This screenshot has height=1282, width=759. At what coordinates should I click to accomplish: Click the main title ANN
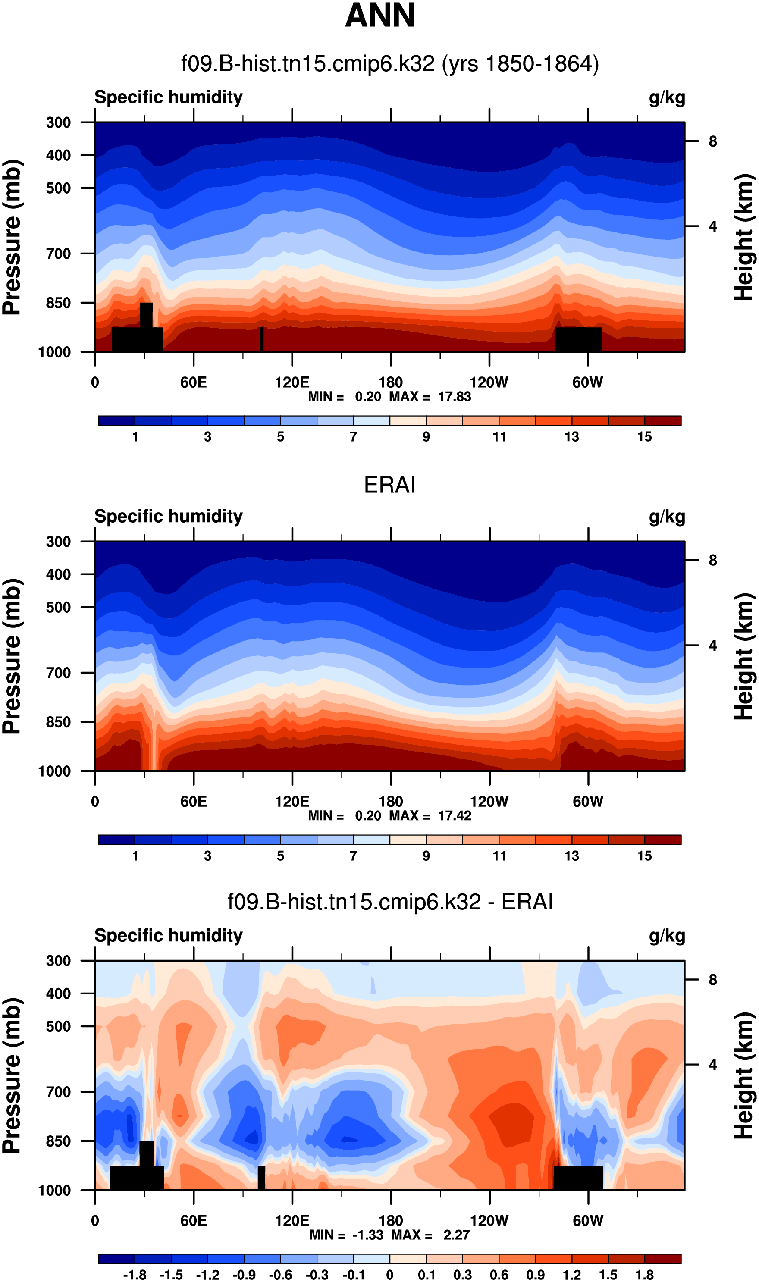click(379, 16)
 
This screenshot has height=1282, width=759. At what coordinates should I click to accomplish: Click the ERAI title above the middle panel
click(389, 485)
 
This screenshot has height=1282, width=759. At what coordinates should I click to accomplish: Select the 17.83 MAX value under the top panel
click(454, 397)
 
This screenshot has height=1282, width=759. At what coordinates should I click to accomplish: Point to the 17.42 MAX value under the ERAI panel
click(454, 815)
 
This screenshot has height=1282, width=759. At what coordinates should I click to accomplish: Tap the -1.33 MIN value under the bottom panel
click(368, 1235)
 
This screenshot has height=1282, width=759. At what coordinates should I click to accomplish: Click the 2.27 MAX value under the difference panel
click(456, 1235)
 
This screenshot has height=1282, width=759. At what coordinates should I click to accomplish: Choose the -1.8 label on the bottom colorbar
click(135, 1275)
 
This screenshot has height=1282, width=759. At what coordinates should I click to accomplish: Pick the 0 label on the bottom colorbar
click(390, 1275)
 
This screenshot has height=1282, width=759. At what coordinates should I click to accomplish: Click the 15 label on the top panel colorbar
click(644, 437)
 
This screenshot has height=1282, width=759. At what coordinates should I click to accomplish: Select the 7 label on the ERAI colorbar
click(354, 856)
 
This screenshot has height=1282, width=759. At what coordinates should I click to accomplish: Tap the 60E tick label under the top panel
click(193, 382)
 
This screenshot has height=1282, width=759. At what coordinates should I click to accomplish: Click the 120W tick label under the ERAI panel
click(489, 801)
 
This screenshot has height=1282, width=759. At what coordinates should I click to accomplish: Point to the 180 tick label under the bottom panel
click(391, 1221)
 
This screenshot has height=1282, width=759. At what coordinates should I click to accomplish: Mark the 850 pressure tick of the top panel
click(58, 303)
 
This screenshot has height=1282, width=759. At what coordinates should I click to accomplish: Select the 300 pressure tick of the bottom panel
click(58, 961)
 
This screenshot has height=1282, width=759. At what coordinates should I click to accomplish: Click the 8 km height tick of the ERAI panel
click(712, 561)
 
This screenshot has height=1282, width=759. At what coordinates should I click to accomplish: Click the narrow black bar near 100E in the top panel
click(261, 339)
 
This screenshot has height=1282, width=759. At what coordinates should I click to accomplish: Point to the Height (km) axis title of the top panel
click(744, 237)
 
